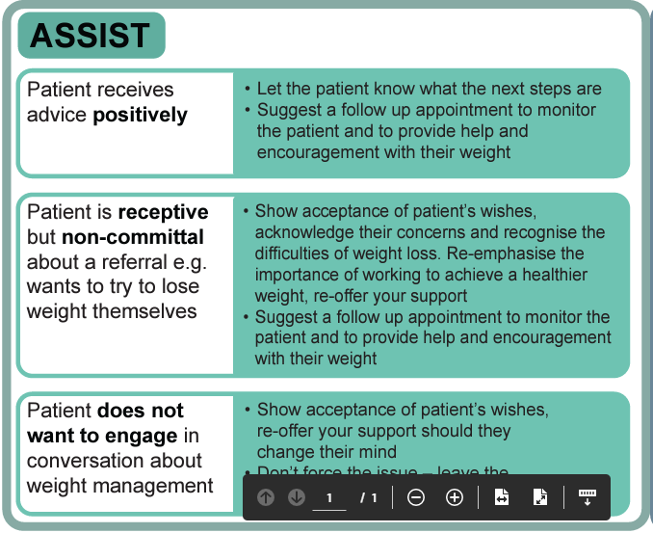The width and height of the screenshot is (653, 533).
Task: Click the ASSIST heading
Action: (x=91, y=36)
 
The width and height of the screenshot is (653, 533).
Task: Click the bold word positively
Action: (x=140, y=115)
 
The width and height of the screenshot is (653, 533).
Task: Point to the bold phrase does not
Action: (x=141, y=412)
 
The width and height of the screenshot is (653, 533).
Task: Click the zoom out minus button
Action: (x=416, y=497)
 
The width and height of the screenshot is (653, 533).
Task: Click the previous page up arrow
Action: (x=265, y=497)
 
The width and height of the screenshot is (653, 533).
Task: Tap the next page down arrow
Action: (x=297, y=497)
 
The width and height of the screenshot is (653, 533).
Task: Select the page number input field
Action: (x=329, y=497)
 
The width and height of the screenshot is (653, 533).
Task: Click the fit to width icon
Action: (x=502, y=497)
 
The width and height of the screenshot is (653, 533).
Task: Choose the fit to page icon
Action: (x=540, y=497)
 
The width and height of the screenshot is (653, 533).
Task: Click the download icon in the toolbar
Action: (x=588, y=497)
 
